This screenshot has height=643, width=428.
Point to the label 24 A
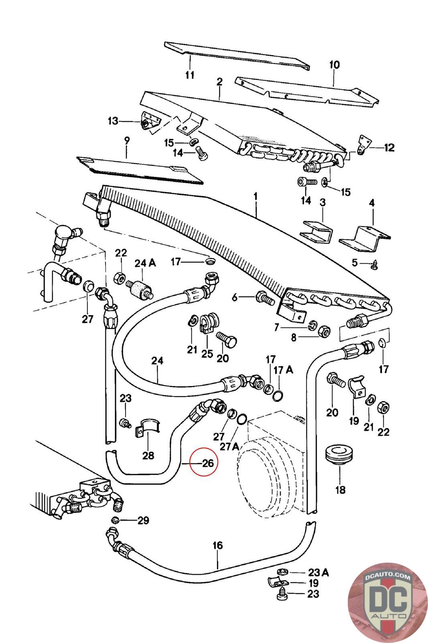pos(145,263)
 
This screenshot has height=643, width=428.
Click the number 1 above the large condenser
pos(256,197)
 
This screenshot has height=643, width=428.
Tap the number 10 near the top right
pos(334,65)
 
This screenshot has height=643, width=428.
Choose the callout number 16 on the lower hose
pos(217,545)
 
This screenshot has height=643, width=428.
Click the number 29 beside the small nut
pos(143,520)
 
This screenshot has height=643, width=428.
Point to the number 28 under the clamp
pos(148,455)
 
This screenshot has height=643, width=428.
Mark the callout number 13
pos(114,121)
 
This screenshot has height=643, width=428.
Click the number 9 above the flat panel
pos(127,141)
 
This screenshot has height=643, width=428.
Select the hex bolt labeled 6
pos(264,298)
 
